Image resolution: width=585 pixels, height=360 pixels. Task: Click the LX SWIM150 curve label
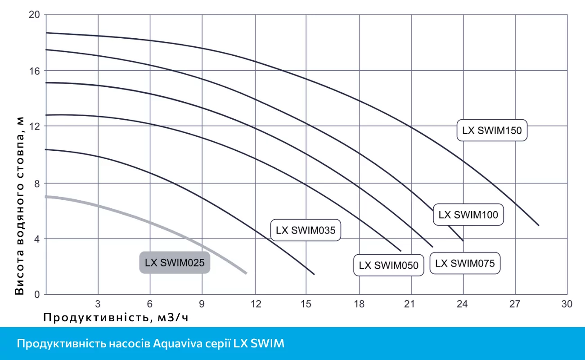coord(491,131)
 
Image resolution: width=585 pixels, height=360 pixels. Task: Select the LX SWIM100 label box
coord(468,215)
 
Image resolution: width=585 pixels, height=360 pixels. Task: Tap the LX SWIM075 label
coord(465,263)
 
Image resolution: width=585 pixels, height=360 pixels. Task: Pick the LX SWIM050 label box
coord(389,265)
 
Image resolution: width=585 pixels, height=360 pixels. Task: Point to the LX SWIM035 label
coord(306,230)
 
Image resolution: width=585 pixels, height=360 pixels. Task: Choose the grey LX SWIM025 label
coord(175,263)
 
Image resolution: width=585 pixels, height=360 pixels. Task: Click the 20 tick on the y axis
coord(35,15)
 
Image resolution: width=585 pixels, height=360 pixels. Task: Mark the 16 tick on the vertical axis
coord(35,71)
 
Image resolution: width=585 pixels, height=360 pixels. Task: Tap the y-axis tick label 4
coord(37,238)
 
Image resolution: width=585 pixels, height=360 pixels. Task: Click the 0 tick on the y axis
coord(37,295)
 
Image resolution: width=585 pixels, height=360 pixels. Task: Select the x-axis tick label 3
coord(98,304)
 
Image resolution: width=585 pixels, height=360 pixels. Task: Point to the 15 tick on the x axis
coord(306,304)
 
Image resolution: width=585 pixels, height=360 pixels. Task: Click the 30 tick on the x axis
coord(567,304)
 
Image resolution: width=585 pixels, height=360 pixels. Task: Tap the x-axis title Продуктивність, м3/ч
coord(115,318)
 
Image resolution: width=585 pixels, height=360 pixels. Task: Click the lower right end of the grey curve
coord(246,273)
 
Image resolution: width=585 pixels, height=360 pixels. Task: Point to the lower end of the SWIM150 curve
coord(538,225)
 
